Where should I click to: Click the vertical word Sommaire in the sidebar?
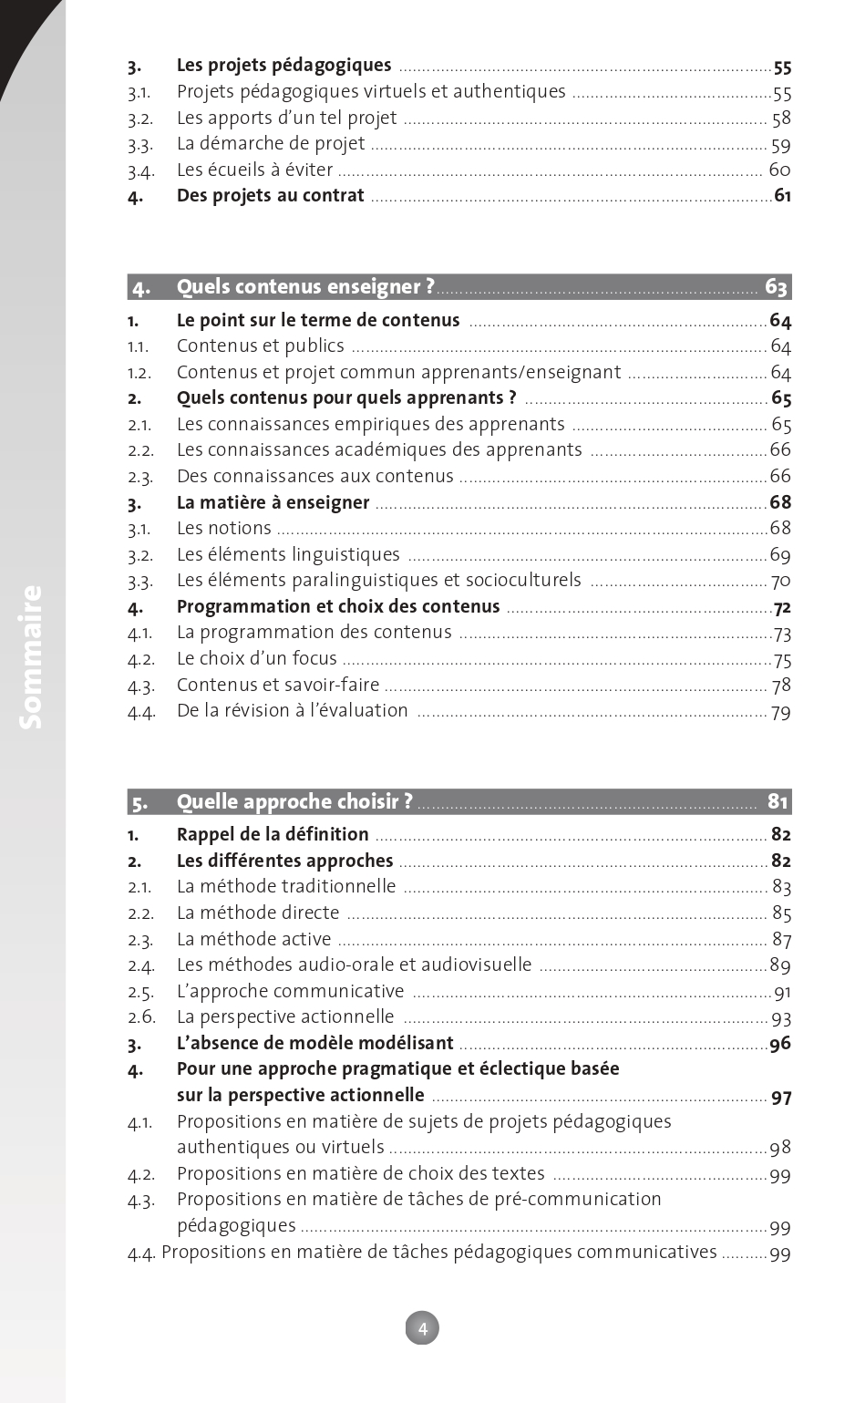coord(31,656)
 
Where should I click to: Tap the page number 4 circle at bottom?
coord(422,1328)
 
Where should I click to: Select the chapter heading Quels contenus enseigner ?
coord(305,287)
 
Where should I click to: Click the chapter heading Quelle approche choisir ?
coord(294,802)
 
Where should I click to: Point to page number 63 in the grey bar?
coord(776,287)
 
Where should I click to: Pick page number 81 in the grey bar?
coord(777,802)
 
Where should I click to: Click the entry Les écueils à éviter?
coord(254,170)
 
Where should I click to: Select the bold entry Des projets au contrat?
coord(270,196)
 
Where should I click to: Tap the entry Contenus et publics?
coord(260,346)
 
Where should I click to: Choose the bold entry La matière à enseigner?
coord(273,502)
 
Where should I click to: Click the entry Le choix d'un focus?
coord(256,659)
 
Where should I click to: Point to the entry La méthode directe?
coord(258,913)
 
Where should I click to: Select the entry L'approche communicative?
coord(290,991)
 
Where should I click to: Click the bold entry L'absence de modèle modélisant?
coord(314,1043)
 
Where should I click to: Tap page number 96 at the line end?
coord(780,1044)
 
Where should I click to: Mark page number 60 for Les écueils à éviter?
coord(779,170)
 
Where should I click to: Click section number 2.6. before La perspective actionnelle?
coord(141,1017)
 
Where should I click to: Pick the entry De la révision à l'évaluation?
coord(292,711)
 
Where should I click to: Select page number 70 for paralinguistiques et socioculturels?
coord(780,582)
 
